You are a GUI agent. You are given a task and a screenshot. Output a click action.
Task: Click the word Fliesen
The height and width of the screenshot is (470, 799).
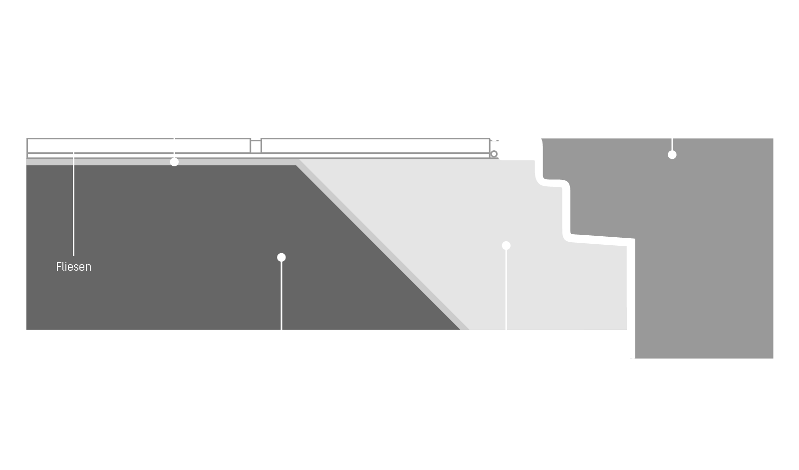[x=73, y=267]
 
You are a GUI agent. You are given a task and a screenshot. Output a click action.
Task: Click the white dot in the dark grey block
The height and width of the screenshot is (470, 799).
[x=281, y=257]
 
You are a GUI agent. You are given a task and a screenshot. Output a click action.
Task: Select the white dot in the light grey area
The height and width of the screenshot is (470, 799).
[x=506, y=246]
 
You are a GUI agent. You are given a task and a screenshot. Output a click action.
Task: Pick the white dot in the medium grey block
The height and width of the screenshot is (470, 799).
[x=672, y=154]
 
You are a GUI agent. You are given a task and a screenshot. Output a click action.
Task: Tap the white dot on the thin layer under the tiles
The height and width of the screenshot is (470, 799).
[x=174, y=162]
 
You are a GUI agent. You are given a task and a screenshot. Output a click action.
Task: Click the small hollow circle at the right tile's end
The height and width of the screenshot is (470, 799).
[x=494, y=154]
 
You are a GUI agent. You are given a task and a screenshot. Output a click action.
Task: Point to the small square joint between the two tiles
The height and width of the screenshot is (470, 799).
[x=256, y=147]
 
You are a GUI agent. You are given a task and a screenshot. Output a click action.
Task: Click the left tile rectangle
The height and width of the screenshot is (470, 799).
[x=139, y=146]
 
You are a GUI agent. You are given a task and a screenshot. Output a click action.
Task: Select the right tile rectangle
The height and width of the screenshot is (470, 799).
[x=375, y=146]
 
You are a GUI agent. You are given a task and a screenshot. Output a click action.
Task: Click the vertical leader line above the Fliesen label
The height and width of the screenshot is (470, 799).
[x=73, y=204]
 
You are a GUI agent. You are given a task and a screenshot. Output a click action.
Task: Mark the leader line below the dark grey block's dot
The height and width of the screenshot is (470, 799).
[x=281, y=296]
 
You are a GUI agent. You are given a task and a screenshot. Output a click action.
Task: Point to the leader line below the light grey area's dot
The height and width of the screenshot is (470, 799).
[x=506, y=290]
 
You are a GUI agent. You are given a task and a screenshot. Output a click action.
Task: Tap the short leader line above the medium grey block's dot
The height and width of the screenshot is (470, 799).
[x=672, y=144]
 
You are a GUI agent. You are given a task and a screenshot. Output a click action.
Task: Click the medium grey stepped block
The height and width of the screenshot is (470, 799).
[x=696, y=232]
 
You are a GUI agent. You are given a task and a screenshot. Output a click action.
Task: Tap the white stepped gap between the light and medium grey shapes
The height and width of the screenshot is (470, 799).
[x=566, y=211]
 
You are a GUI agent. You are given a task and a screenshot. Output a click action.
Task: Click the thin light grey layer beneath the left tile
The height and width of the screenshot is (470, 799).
[x=161, y=162]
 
